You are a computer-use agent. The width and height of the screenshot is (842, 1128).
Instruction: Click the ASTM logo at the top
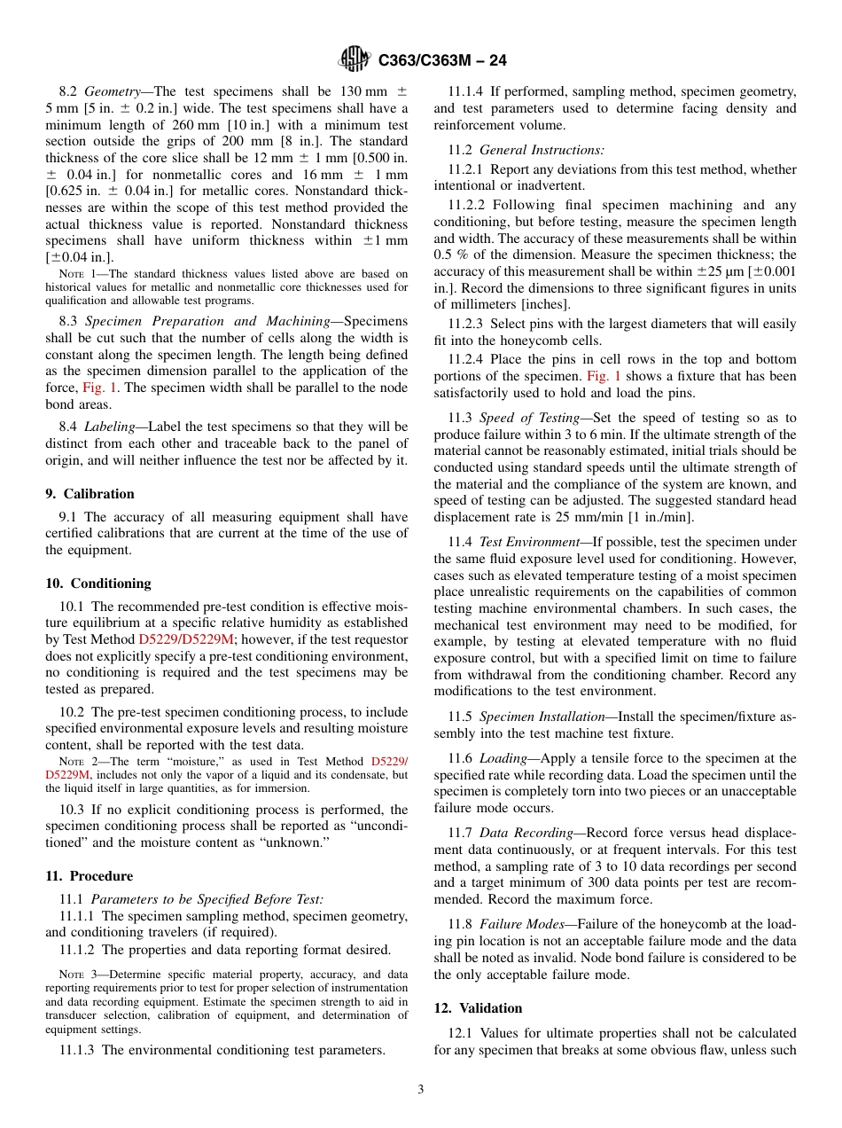pyautogui.click(x=354, y=59)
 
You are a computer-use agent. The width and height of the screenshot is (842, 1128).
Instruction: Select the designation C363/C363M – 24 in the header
pyautogui.click(x=442, y=60)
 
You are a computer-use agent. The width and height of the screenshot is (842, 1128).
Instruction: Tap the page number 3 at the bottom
pyautogui.click(x=420, y=1089)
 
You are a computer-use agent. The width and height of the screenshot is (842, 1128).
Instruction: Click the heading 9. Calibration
pyautogui.click(x=90, y=494)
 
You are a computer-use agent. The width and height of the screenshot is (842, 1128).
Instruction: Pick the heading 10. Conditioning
pyautogui.click(x=97, y=584)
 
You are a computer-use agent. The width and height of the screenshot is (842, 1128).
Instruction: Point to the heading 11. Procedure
pyautogui.click(x=89, y=876)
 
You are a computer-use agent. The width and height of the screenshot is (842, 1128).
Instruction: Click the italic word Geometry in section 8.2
pyautogui.click(x=113, y=92)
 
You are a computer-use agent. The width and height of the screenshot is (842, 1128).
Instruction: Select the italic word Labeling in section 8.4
pyautogui.click(x=110, y=427)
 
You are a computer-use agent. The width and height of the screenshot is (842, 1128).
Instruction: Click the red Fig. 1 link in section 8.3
pyautogui.click(x=97, y=388)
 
